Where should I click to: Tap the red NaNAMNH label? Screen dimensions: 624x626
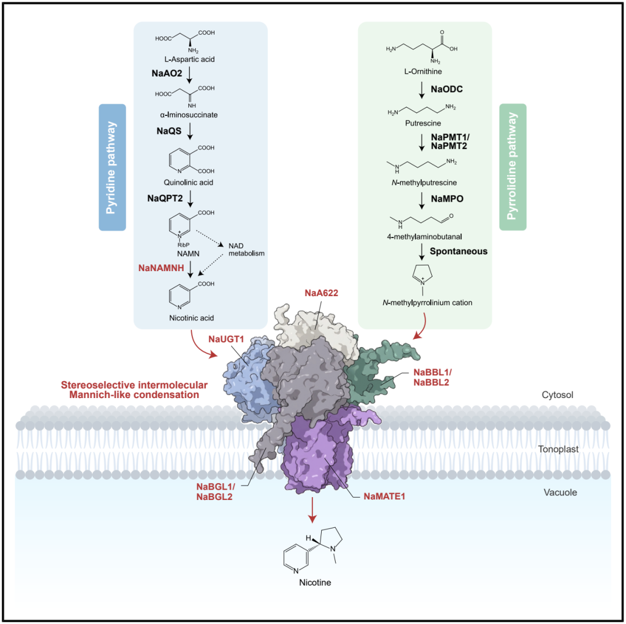point(165,268)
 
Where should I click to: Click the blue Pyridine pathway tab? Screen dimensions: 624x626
point(112,167)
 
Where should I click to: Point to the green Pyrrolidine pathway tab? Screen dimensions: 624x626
point(512,167)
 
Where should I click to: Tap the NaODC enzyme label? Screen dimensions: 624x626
point(447,90)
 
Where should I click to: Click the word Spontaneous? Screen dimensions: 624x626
point(458,251)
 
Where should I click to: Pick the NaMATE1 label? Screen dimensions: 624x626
point(384,496)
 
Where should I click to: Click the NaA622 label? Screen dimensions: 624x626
point(322,293)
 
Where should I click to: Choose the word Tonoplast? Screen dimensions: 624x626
point(571,448)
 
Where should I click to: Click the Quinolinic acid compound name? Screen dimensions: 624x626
point(172,183)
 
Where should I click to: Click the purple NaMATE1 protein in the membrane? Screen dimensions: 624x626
point(316,458)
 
